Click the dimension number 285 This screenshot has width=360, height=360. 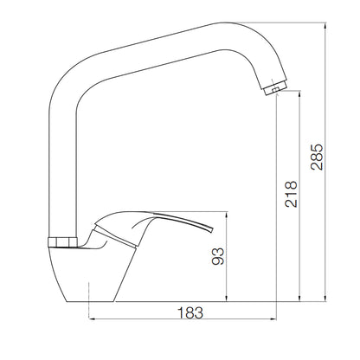(317, 157)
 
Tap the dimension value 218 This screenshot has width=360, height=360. (291, 194)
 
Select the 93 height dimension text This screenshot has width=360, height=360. (218, 256)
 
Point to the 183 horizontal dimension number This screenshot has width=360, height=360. (190, 312)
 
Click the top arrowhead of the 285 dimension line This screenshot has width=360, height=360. (325, 25)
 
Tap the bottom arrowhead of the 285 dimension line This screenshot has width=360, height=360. (325, 299)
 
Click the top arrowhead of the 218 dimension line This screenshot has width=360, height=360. (299, 93)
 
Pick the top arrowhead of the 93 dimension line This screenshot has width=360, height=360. (227, 215)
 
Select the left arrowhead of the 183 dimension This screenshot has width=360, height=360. (93, 318)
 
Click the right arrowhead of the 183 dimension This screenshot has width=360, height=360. (273, 318)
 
